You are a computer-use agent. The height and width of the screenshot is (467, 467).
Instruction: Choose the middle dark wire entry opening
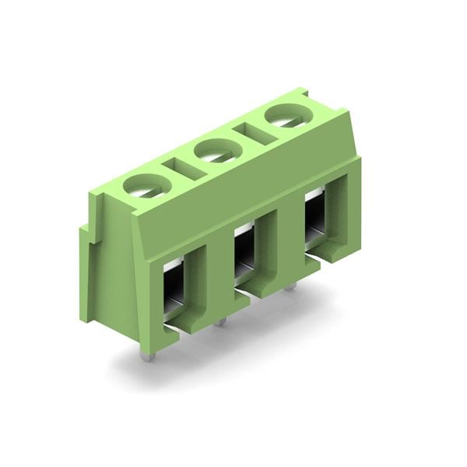[245, 251]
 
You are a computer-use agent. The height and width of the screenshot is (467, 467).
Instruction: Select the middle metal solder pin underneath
[221, 320]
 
